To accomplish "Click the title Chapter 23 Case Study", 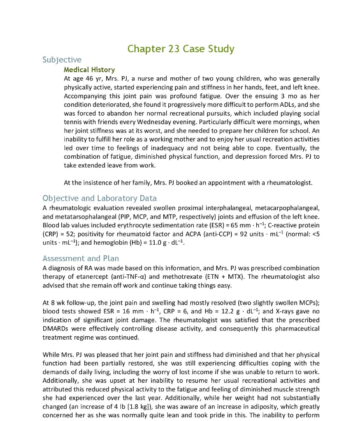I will [x=181, y=49].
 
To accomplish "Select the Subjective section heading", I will [x=62, y=60].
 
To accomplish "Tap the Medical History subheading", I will [x=89, y=69].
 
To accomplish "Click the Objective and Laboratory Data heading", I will [x=99, y=198].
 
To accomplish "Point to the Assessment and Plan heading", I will [x=81, y=258].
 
